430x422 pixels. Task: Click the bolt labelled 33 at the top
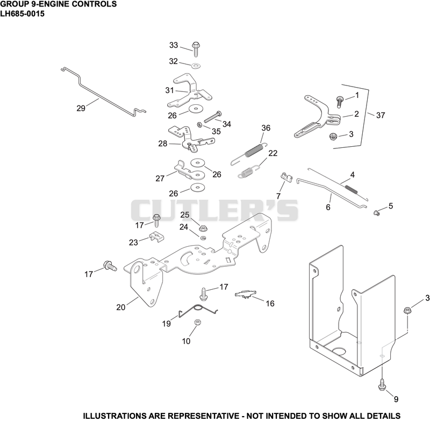(196, 49)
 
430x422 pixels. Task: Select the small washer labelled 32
(196, 66)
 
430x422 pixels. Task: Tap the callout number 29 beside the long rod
(81, 108)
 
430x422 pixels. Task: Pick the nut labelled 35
(200, 125)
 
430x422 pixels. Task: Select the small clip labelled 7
(287, 177)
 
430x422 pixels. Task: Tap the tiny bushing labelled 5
(377, 212)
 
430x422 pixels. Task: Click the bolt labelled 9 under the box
(382, 385)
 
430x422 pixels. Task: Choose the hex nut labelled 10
(197, 322)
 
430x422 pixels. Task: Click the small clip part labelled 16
(246, 294)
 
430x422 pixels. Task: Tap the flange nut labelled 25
(203, 228)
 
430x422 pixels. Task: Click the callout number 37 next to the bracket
(381, 115)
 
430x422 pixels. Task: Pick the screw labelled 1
(340, 102)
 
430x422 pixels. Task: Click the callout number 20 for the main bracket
(120, 307)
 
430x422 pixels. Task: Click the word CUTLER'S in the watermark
(214, 210)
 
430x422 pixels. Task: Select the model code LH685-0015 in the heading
(22, 14)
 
